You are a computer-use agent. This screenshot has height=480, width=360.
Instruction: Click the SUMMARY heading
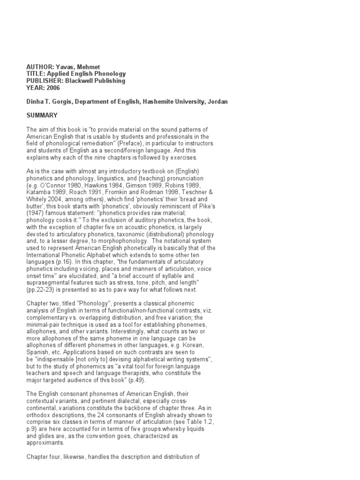(x=42, y=115)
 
